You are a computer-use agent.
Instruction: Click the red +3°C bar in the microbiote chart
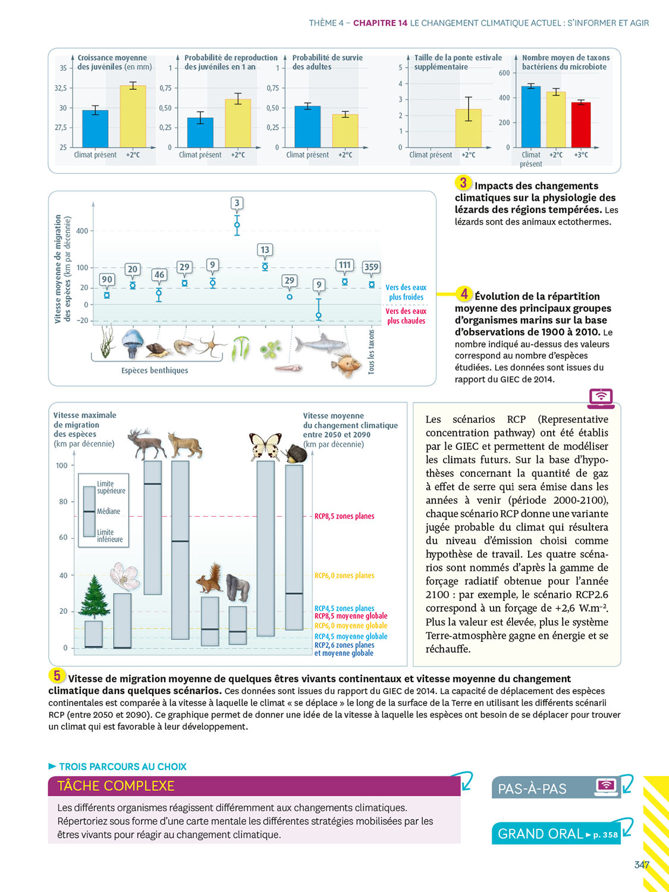[x=580, y=125]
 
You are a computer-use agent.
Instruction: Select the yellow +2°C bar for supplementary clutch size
[x=468, y=128]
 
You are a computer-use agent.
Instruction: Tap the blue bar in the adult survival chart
[x=307, y=127]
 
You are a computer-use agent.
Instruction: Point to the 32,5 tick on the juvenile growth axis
[x=61, y=88]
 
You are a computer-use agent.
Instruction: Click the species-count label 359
[x=371, y=267]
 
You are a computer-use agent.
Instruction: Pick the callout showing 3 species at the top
[x=237, y=203]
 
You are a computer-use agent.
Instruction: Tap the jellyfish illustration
[x=132, y=343]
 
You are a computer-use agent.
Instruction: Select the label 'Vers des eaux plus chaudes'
[x=406, y=316]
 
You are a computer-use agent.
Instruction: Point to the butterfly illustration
[x=265, y=446]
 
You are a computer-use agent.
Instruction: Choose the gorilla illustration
[x=237, y=588]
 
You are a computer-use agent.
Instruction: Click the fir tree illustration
[x=93, y=598]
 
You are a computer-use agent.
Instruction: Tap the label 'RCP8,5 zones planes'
[x=344, y=516]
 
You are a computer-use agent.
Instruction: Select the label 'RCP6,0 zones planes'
[x=344, y=576]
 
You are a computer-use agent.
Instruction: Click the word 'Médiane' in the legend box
[x=108, y=511]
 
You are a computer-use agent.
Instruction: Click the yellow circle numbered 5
[x=56, y=676]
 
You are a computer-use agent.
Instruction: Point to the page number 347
[x=642, y=865]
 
